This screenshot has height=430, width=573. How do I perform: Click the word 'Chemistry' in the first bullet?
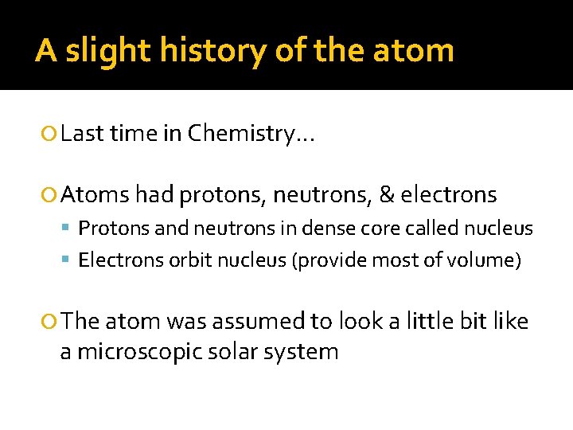251,134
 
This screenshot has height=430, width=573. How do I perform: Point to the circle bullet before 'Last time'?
51,134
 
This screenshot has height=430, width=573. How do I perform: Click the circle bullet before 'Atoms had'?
51,194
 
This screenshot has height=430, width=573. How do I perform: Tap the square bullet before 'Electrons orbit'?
68,260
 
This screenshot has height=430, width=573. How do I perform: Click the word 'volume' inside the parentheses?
486,260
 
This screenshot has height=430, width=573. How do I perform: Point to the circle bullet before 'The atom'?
51,321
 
